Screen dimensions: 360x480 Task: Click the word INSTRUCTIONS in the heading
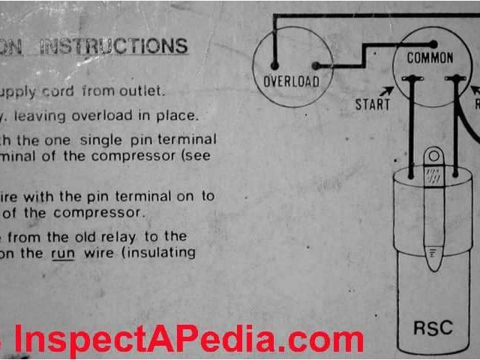pyautogui.click(x=113, y=46)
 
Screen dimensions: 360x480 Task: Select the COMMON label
pyautogui.click(x=430, y=58)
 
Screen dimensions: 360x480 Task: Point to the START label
pyautogui.click(x=373, y=104)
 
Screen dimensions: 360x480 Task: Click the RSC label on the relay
pyautogui.click(x=432, y=327)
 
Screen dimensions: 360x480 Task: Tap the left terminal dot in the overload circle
pyautogui.click(x=274, y=65)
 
